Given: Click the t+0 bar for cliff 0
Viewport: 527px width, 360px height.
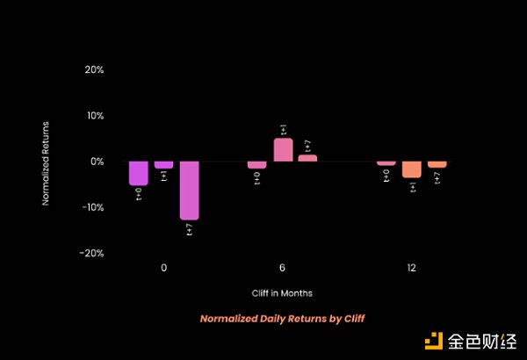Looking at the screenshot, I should point(138,173).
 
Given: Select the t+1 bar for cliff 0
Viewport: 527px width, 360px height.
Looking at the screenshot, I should point(164,165).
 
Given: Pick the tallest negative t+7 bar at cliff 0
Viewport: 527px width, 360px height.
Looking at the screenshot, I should point(190,190).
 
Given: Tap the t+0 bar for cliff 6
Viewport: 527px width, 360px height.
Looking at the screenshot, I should point(256,165).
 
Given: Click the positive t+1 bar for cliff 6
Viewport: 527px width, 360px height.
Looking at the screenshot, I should point(283,150).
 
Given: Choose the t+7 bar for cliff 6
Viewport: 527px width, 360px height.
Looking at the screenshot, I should point(307,158).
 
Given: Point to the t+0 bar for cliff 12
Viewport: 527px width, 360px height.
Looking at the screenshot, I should point(386,163).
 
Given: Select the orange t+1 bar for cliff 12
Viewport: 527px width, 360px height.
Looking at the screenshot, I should point(412,169).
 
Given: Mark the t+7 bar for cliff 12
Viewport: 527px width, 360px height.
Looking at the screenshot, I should point(437,164).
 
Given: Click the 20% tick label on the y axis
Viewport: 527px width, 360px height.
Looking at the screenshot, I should point(94,69).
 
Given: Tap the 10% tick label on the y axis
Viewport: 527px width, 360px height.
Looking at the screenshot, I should point(94,116).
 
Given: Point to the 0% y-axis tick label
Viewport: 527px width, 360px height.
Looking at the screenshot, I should point(97,162).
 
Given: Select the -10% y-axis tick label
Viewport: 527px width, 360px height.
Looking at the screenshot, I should point(92,207).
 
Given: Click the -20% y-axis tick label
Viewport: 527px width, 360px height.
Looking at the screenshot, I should point(92,253).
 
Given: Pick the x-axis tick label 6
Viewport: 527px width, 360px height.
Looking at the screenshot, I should point(282,268).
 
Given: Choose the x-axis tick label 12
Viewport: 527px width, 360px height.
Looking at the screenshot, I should point(411,268).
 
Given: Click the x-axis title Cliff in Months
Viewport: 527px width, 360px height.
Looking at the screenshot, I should point(282,292).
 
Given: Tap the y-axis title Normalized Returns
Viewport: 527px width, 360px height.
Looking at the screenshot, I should point(46,162).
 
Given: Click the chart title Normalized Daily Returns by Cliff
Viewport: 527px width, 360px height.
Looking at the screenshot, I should point(282,318).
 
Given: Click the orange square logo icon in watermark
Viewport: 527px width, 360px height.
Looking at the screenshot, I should point(434,342).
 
